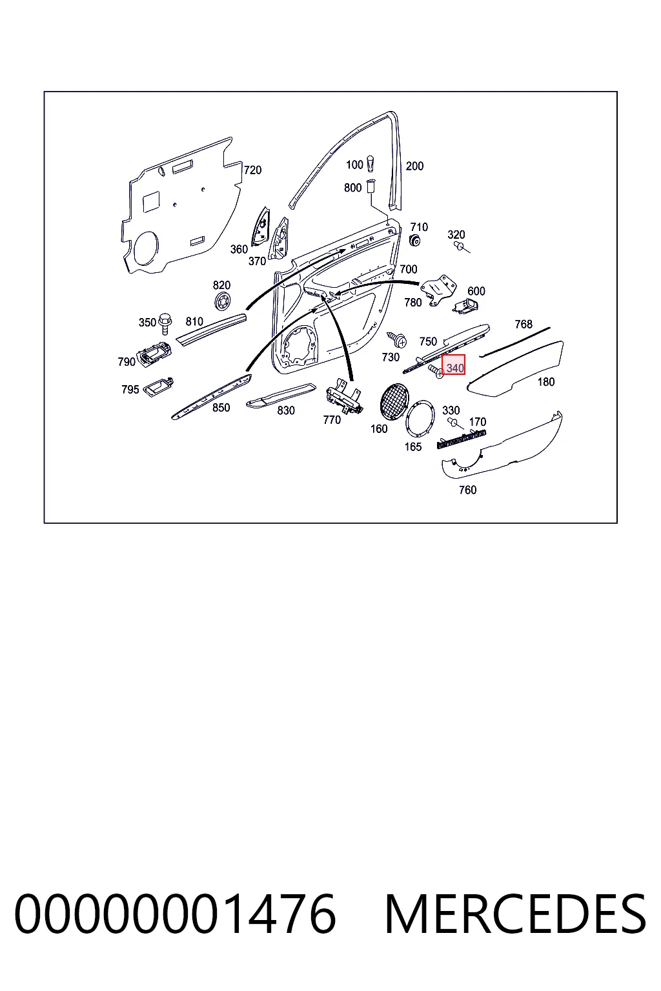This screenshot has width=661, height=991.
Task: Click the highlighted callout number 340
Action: pos(454,368)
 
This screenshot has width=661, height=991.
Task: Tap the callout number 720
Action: pos(253,170)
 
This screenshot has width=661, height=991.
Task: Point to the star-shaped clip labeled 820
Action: pos(223,303)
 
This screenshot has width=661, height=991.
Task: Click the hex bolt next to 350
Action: pos(165,323)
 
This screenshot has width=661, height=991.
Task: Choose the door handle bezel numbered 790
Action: pos(154,354)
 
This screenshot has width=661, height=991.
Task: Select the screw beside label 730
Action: pos(397,339)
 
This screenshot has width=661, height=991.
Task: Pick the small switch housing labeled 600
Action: pos(466,305)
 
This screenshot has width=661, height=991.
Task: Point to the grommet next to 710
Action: pos(415,241)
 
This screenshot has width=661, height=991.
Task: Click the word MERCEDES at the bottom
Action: pos(515,914)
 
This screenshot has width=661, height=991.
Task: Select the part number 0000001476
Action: pos(176,914)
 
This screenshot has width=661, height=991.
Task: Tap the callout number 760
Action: pos(467,490)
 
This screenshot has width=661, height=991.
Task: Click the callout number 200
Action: pos(414,166)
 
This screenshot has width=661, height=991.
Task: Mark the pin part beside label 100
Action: pos(371,163)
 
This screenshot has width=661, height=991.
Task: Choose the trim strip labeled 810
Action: pos(210,329)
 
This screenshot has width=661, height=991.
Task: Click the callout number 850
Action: pos(221,408)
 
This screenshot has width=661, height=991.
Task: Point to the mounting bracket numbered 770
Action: pos(344,396)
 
